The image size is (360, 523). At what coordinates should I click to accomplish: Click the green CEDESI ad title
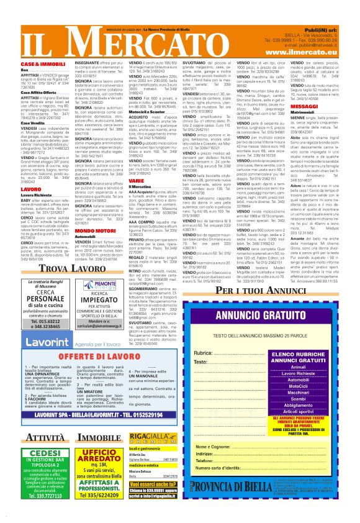[x=39, y=470]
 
